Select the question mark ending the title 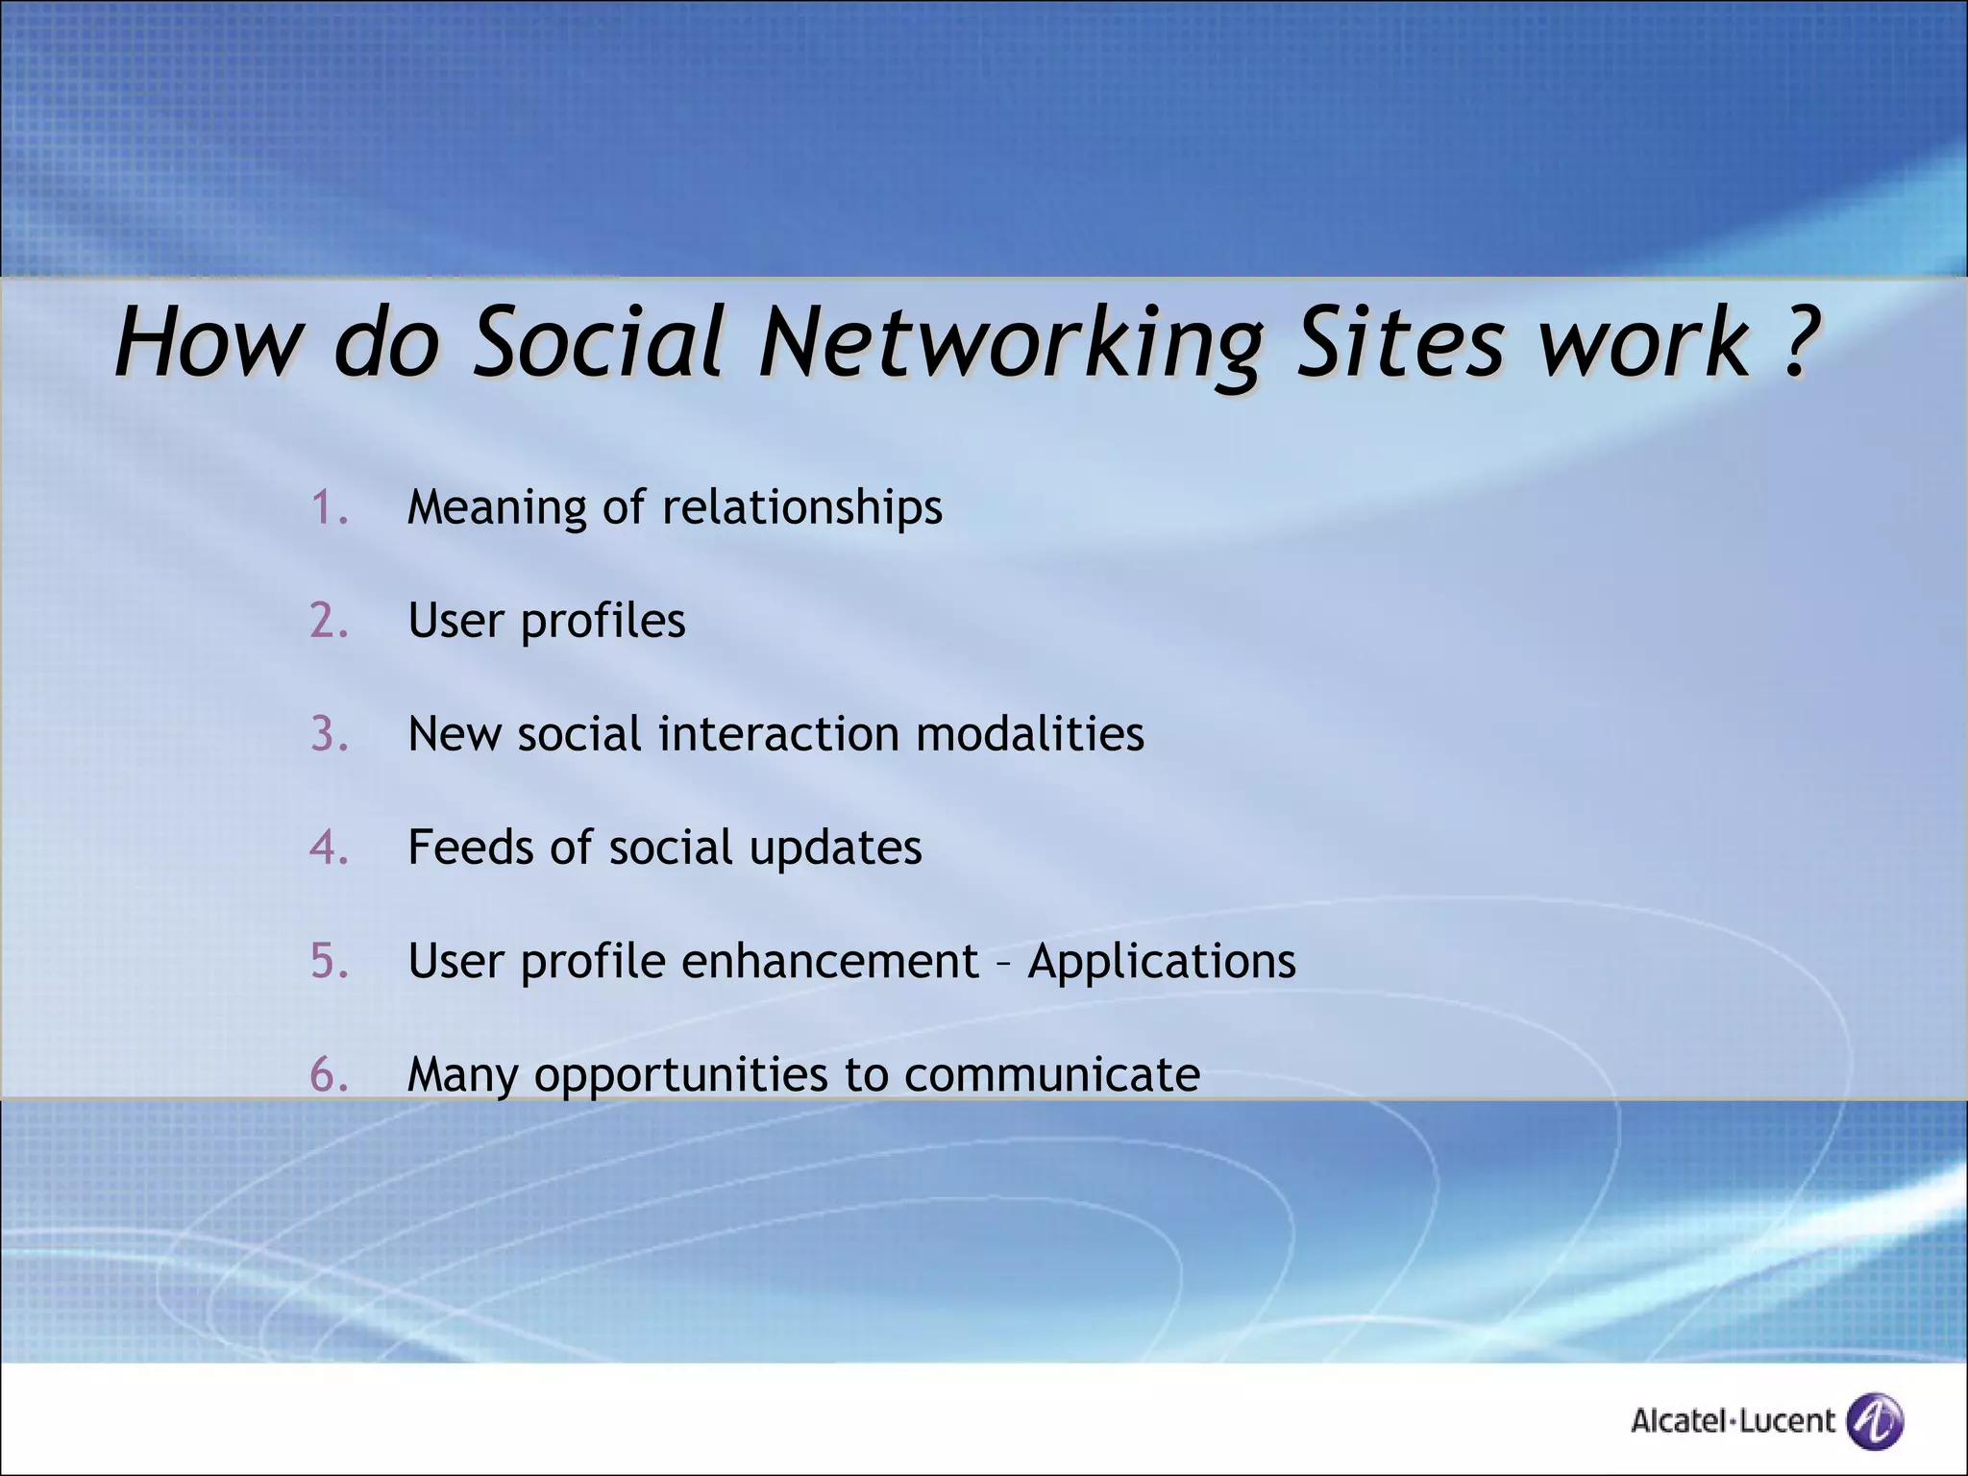point(1795,340)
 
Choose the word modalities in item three point(1029,734)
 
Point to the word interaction point(778,734)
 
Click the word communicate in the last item point(1051,1074)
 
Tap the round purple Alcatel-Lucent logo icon point(1875,1420)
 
